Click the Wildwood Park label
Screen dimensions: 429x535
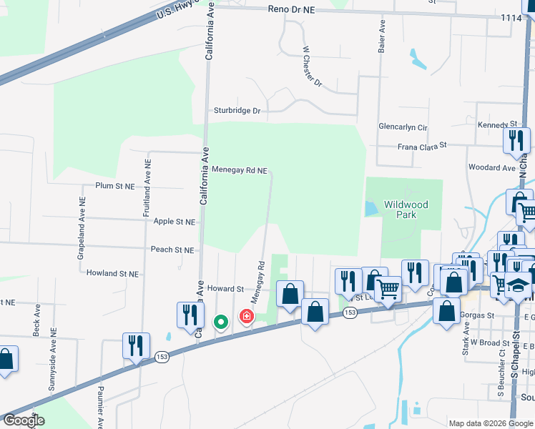tap(406, 209)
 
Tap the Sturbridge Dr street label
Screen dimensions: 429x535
tap(237, 111)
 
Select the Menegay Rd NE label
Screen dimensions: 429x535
tap(240, 170)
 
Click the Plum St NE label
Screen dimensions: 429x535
tap(114, 185)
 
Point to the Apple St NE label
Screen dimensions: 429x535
tap(175, 222)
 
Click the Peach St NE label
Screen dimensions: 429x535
tap(172, 250)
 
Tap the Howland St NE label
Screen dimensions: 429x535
tap(113, 273)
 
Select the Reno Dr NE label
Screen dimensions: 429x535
tap(291, 9)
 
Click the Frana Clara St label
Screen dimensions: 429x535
tap(422, 144)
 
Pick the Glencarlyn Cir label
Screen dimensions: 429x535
tap(403, 127)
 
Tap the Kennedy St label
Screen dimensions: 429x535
tap(492, 125)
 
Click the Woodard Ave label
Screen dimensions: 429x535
tap(491, 167)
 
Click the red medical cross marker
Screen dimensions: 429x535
tap(246, 315)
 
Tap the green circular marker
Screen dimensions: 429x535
tap(221, 322)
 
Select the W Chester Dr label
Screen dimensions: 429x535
tap(312, 66)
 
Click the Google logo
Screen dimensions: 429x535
tap(23, 420)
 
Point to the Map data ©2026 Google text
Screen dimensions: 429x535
tap(490, 423)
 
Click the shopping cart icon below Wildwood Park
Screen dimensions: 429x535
tap(388, 289)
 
